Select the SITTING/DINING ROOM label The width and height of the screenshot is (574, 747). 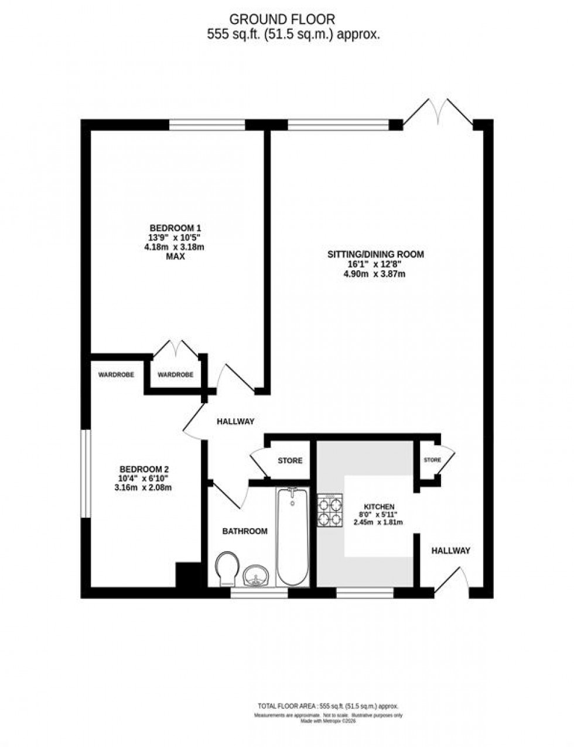[x=375, y=254]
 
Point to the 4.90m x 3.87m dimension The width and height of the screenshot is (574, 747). [x=375, y=273]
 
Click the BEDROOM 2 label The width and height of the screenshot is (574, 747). [x=145, y=469]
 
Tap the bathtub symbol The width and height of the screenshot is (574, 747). [x=292, y=536]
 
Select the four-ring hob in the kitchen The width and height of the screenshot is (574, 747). [x=330, y=511]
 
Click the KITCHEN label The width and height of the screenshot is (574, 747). [x=379, y=507]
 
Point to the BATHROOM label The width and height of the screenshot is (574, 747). [x=244, y=531]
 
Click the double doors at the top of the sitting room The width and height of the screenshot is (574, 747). [x=438, y=113]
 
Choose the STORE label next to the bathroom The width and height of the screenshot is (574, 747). [x=290, y=461]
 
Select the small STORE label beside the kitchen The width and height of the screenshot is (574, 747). [x=432, y=460]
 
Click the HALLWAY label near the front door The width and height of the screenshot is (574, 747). [x=451, y=550]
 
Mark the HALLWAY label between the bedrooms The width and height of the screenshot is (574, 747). [x=235, y=421]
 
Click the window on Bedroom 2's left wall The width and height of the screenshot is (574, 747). [x=86, y=474]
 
